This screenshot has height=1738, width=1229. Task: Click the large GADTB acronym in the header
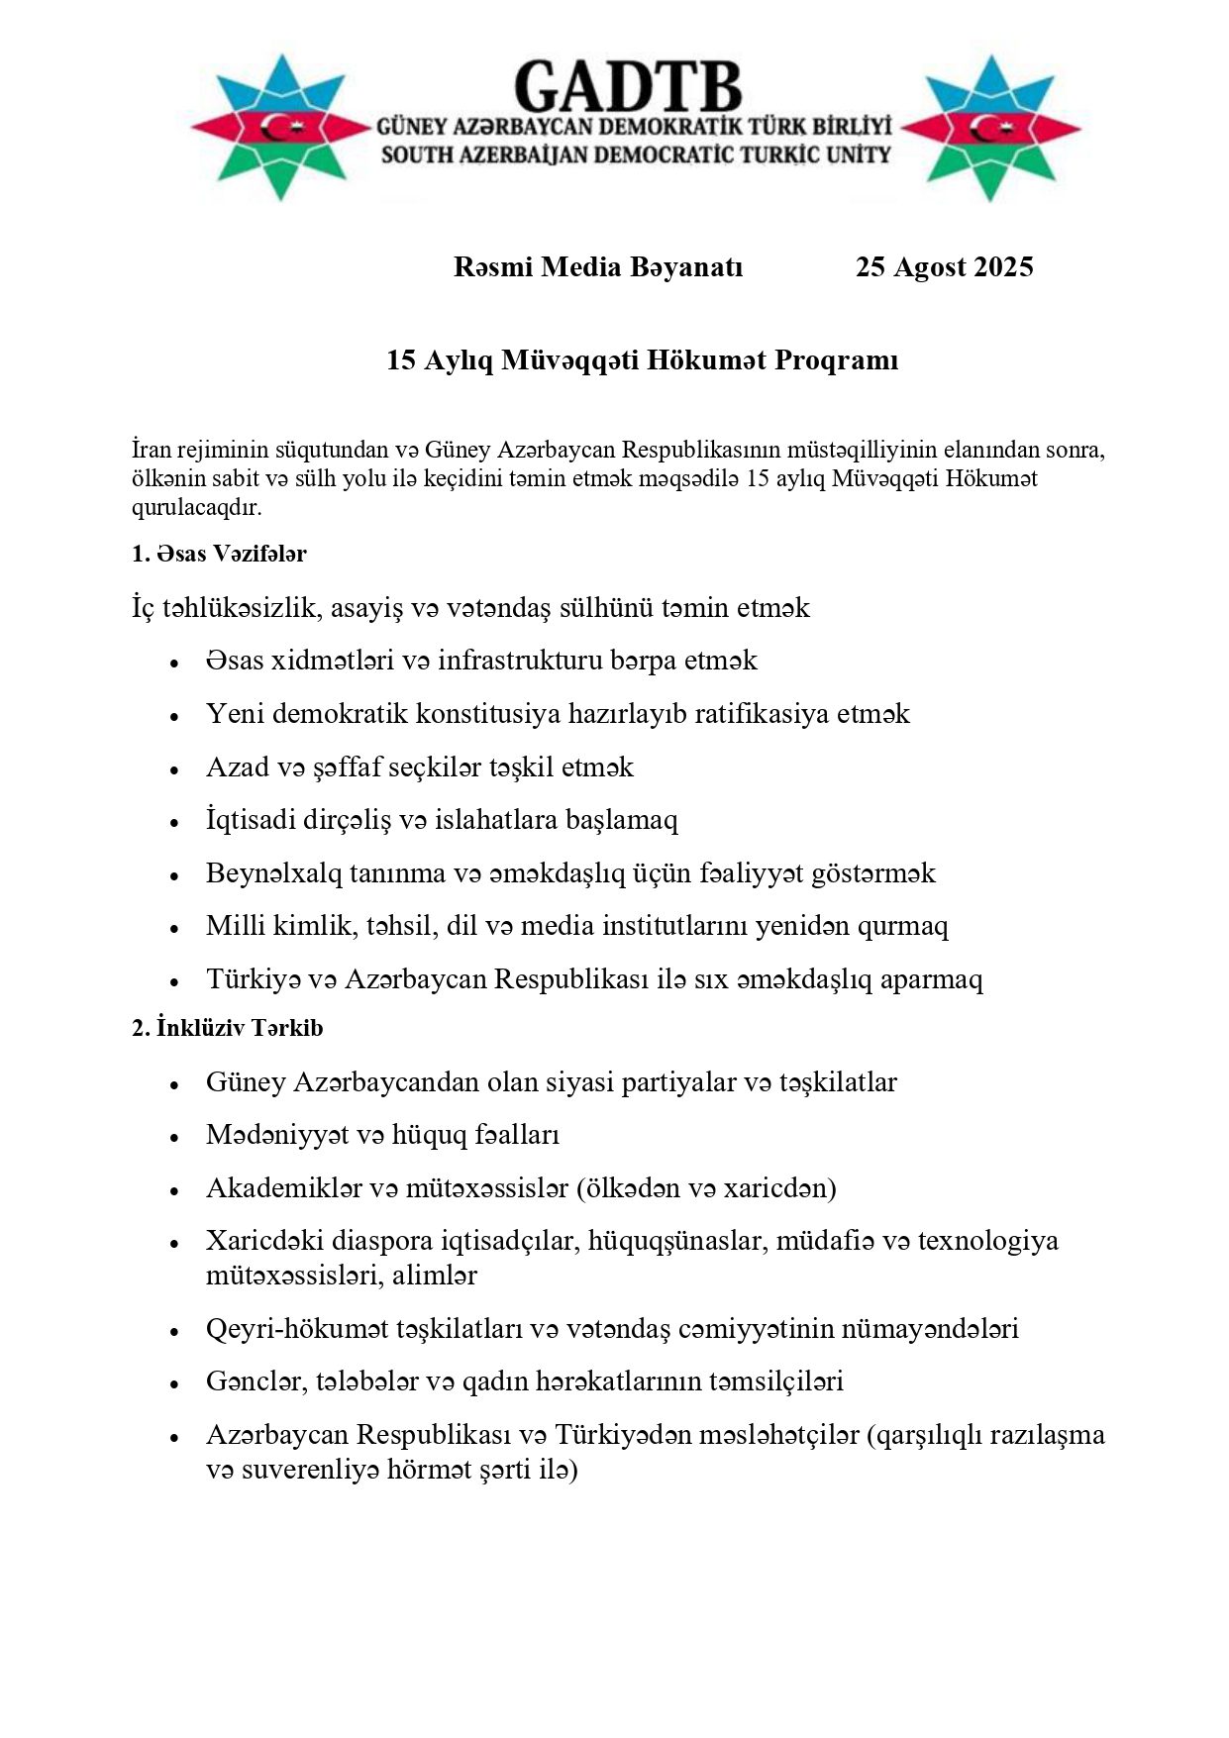629,86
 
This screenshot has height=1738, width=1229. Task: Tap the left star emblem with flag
280,127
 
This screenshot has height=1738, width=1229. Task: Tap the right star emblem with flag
990,128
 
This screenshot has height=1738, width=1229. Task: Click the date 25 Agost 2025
944,267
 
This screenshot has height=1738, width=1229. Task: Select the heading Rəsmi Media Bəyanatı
598,267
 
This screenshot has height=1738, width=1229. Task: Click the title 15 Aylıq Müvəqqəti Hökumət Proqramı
642,360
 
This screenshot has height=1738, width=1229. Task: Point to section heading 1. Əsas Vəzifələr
219,555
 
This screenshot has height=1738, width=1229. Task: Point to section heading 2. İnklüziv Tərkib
228,1028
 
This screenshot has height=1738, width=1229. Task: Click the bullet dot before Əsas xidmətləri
174,663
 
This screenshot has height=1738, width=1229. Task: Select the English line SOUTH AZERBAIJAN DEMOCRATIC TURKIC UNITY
635,154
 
